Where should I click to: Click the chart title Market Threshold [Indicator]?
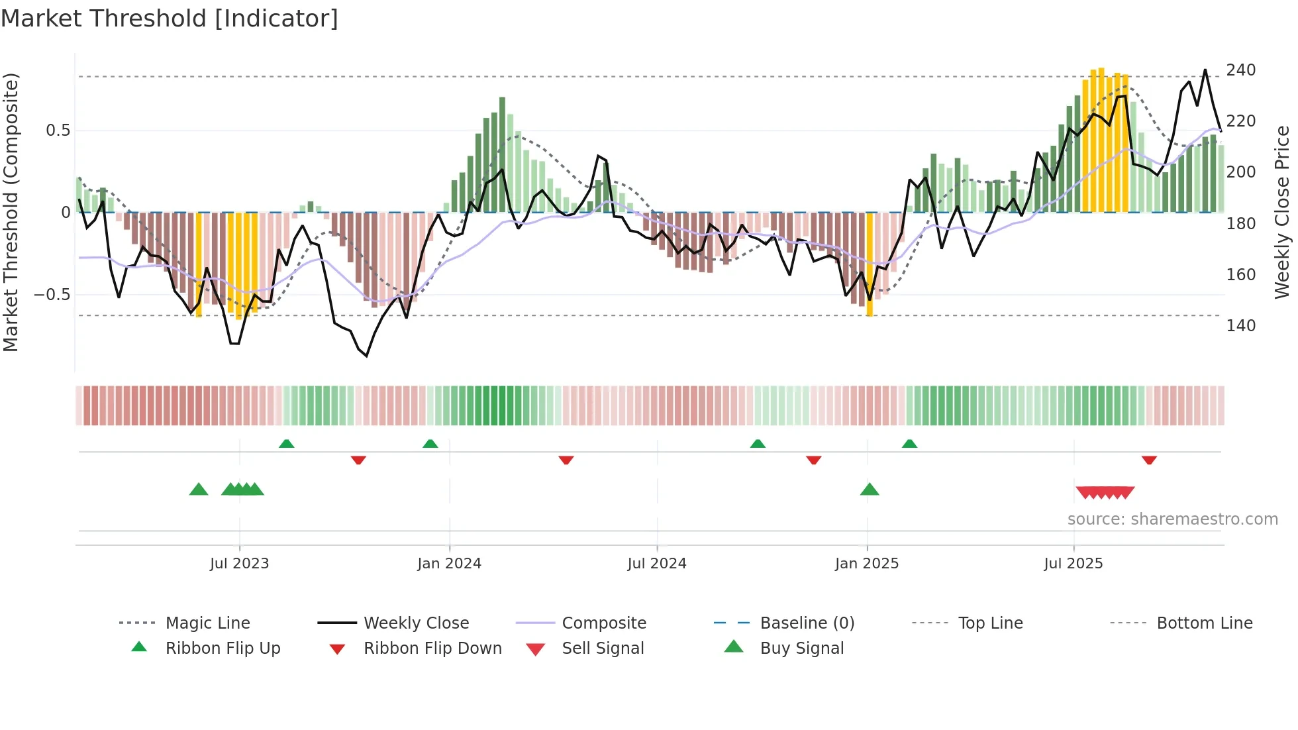[x=170, y=19]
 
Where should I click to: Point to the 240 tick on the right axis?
[x=1240, y=70]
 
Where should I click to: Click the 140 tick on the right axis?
[x=1240, y=325]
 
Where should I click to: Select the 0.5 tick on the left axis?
[x=58, y=130]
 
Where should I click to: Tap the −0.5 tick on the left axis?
[x=52, y=294]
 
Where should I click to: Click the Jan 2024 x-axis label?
[x=449, y=564]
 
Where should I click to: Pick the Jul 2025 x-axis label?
[x=1073, y=564]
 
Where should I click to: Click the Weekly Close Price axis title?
[x=1282, y=212]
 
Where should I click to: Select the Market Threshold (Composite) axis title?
[x=11, y=212]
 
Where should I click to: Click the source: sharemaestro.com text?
[x=1172, y=519]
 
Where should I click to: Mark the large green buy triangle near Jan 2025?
[x=869, y=490]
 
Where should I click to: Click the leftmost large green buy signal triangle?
[x=199, y=490]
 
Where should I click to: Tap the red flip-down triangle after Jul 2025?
[x=1149, y=460]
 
